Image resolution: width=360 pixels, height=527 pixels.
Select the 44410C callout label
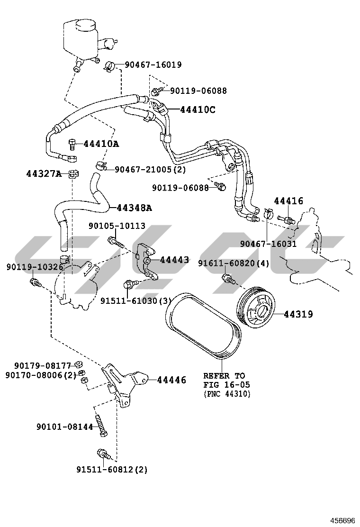(x=198, y=110)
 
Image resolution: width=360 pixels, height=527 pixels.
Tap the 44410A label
(x=101, y=144)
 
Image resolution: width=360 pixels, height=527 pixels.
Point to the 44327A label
(x=44, y=174)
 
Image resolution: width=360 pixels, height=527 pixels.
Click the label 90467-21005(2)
(x=150, y=169)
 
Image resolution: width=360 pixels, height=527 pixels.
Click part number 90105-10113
(x=117, y=227)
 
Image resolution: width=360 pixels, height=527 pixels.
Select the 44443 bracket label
(x=174, y=260)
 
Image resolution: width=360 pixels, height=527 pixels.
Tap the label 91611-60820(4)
(x=234, y=264)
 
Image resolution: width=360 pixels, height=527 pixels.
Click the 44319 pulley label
(x=298, y=314)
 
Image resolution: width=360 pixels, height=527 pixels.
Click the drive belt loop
(x=204, y=327)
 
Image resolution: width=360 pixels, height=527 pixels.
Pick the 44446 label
(x=171, y=380)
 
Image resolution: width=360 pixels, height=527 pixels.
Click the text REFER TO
(x=224, y=376)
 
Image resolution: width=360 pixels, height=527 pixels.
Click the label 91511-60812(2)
(x=112, y=470)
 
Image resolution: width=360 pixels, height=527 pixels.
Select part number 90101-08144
(x=65, y=427)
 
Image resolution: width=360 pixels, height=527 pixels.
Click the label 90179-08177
(x=43, y=365)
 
